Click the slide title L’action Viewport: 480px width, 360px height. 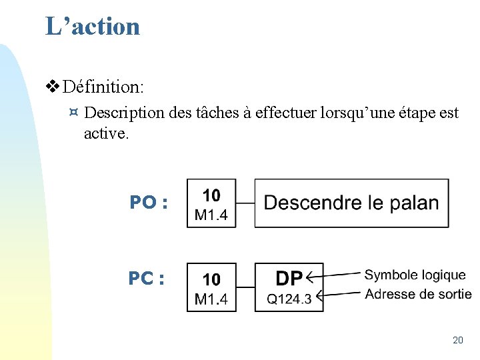point(93,27)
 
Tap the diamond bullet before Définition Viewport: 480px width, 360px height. point(53,87)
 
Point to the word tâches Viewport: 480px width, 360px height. point(217,113)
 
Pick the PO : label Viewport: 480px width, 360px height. point(148,202)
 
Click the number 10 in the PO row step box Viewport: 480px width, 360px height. point(211,195)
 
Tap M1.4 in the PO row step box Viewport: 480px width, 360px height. point(211,215)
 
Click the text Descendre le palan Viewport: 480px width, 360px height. point(351,203)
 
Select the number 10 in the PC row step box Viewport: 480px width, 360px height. point(211,279)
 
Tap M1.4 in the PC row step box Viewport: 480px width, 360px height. point(211,299)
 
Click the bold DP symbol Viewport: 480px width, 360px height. point(289,277)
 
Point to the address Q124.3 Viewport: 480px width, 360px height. point(289,299)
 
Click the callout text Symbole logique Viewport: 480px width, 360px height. point(415,275)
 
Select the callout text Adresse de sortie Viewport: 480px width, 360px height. point(418,294)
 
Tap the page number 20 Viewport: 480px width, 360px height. point(457,340)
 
